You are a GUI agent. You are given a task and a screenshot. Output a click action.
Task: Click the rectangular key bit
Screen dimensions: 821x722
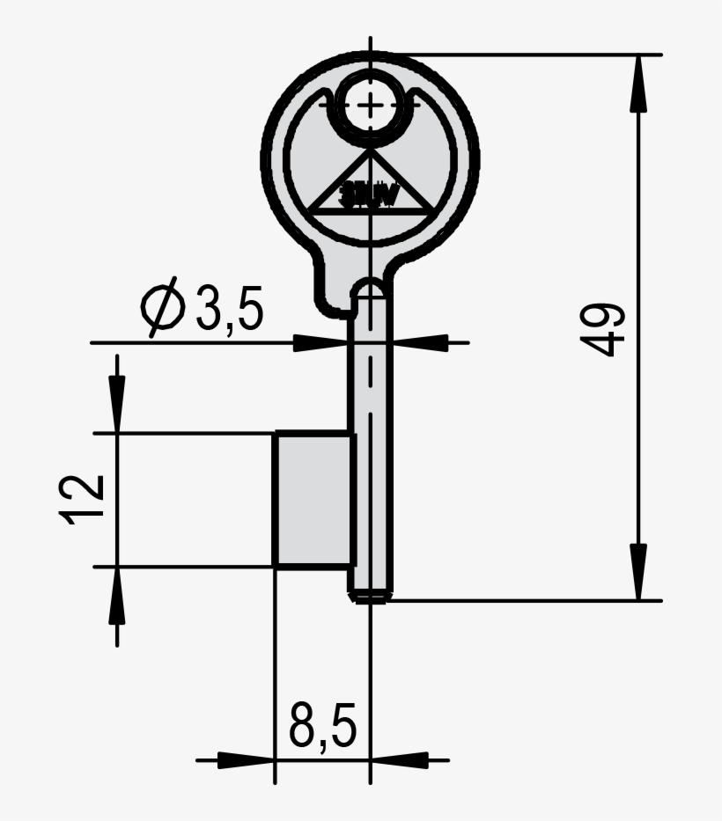313,499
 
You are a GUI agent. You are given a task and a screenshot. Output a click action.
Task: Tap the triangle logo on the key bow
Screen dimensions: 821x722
371,187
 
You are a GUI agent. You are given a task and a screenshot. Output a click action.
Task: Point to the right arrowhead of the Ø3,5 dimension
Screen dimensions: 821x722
417,342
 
